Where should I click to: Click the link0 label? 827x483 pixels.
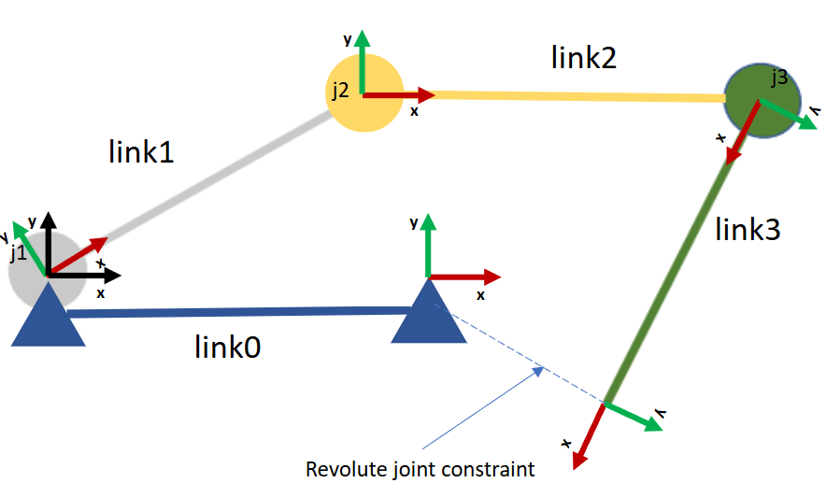click(x=227, y=347)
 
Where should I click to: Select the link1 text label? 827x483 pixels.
click(x=141, y=152)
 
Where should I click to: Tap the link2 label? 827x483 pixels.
click(x=583, y=58)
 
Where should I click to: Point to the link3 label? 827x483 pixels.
click(x=748, y=230)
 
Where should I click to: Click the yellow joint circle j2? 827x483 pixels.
click(x=364, y=92)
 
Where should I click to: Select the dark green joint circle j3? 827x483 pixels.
click(x=763, y=101)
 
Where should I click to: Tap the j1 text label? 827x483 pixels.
click(x=19, y=253)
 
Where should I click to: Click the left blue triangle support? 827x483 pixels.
click(x=48, y=316)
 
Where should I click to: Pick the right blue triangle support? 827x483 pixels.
click(x=429, y=311)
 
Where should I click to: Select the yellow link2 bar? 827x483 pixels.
click(x=578, y=96)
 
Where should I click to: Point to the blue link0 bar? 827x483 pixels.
click(x=240, y=312)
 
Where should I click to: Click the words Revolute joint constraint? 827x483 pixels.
click(x=421, y=469)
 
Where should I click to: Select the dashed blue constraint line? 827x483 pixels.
click(x=520, y=354)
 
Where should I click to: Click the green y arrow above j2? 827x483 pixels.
click(x=363, y=62)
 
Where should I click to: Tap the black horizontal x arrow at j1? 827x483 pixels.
click(x=84, y=275)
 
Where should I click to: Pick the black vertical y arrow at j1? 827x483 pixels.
click(x=49, y=244)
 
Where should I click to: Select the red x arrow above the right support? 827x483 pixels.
click(x=464, y=277)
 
